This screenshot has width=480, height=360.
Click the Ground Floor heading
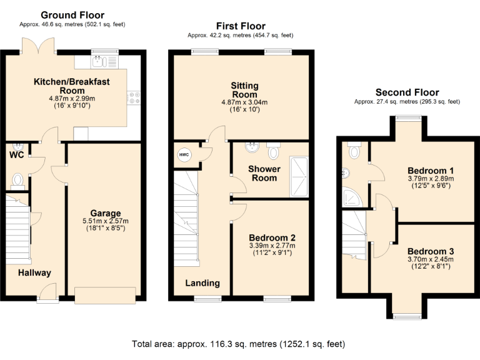coord(72,15)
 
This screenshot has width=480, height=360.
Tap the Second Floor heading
coord(407,92)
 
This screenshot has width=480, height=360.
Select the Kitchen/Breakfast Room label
coord(72,86)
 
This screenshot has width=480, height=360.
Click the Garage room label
coord(105,213)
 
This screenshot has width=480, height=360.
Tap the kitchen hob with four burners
coord(134,97)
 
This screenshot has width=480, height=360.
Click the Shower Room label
coord(263,173)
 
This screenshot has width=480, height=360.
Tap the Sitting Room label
coord(244,90)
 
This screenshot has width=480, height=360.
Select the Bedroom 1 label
coord(431,171)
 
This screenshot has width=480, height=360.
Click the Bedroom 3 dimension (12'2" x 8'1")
coord(430,267)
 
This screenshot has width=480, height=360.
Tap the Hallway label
coord(34,273)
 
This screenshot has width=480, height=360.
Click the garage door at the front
coord(104,295)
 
